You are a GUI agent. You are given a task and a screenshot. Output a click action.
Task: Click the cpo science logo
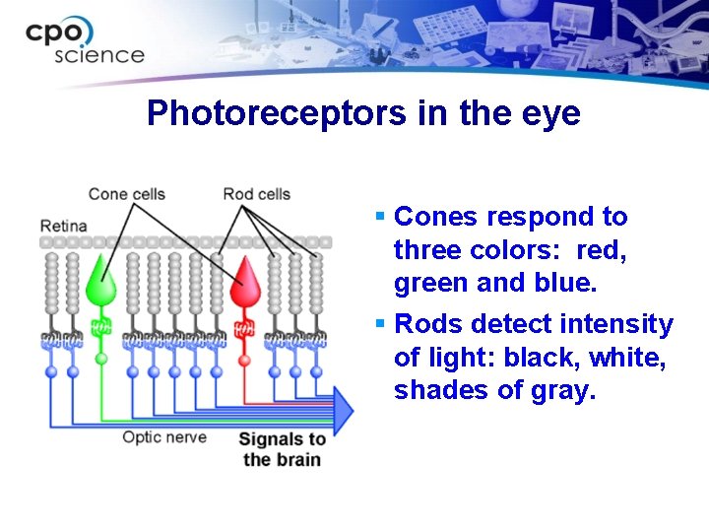coord(84,41)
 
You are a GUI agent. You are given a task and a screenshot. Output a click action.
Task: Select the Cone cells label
coord(126,194)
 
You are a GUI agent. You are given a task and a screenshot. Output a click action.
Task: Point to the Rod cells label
coord(256,194)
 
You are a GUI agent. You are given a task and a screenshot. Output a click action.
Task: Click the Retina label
coord(63,226)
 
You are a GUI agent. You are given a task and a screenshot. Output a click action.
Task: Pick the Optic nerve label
coord(164,436)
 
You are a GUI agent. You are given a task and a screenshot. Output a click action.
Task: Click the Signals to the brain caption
coord(283,449)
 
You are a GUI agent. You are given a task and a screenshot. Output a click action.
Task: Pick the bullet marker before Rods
coord(380,324)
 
